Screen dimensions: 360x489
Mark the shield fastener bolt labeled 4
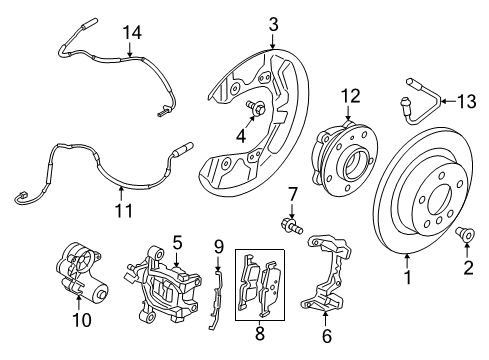[x=255, y=108]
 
